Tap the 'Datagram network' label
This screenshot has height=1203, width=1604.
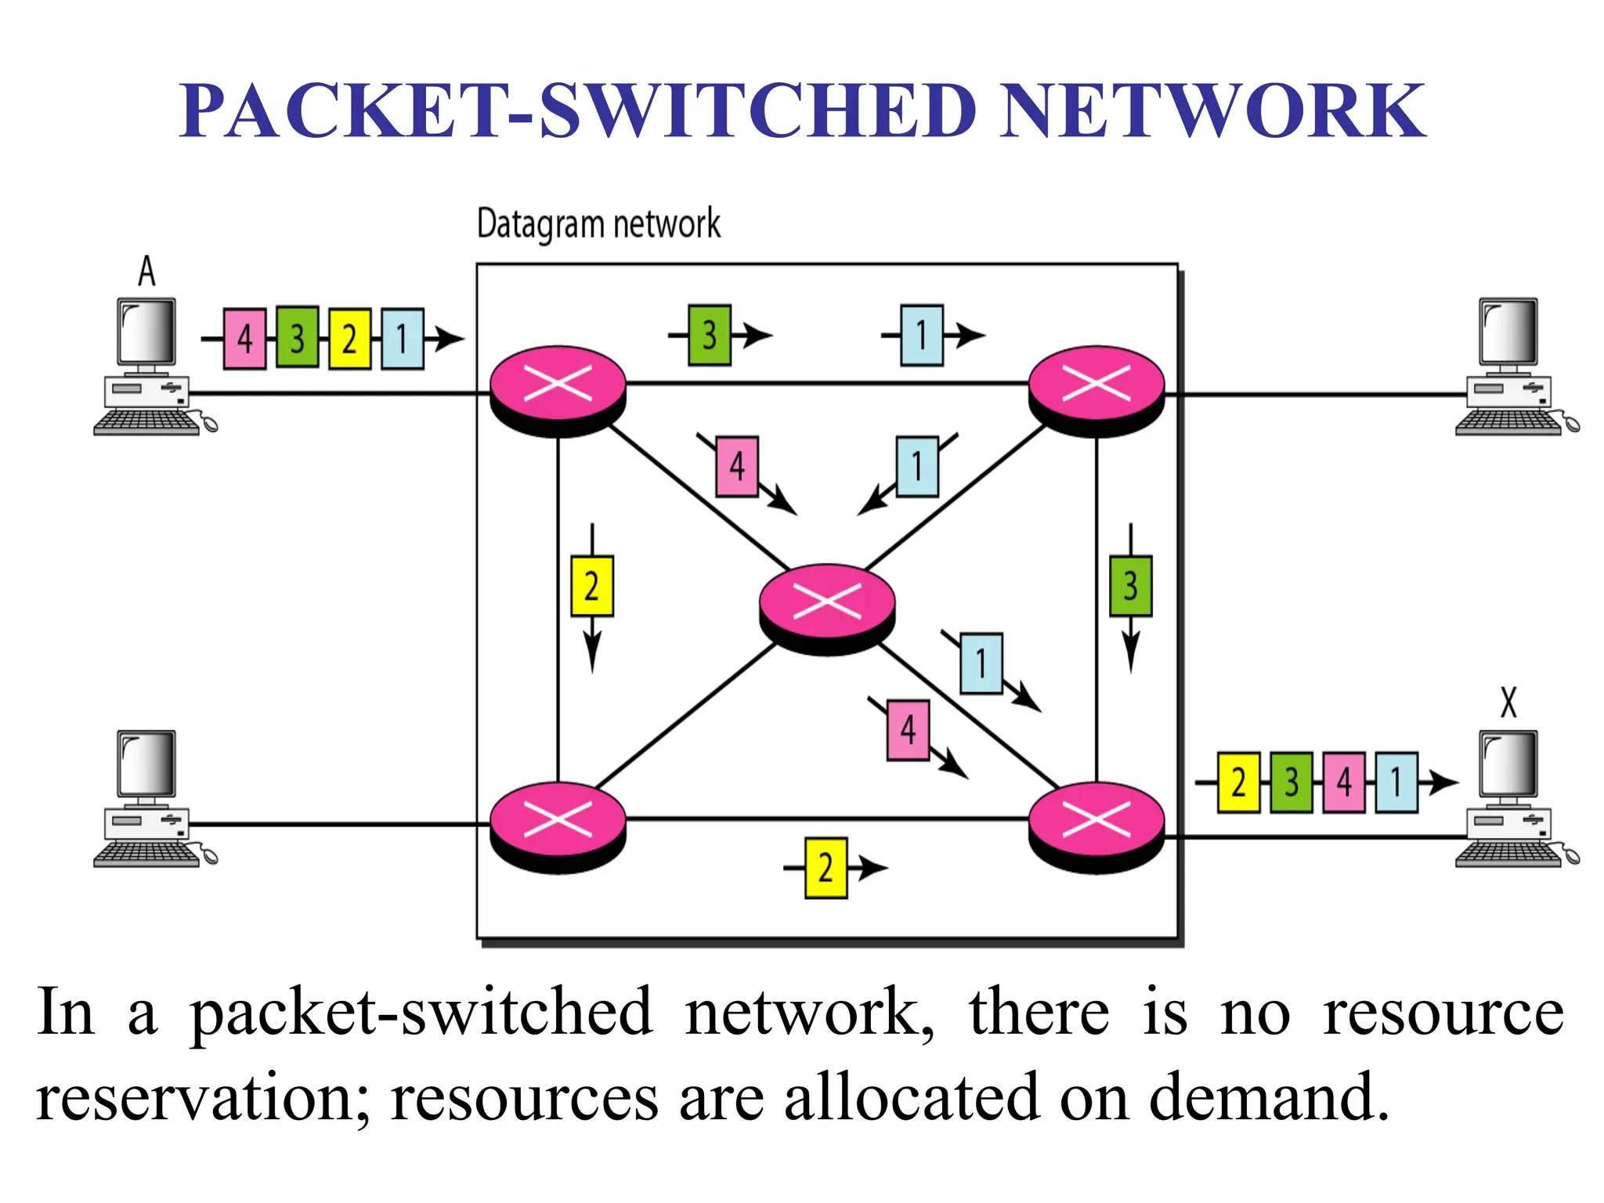598,225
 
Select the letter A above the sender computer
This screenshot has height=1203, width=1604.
146,271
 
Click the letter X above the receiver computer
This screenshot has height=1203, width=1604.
1508,702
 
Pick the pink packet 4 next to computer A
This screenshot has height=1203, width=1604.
244,338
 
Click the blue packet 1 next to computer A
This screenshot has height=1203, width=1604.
403,338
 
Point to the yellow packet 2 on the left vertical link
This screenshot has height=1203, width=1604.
591,586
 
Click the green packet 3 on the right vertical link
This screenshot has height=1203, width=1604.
1130,586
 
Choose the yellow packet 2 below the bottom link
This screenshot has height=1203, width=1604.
825,868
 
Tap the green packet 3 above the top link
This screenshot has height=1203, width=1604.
710,335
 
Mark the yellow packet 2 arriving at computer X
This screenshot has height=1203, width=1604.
1238,782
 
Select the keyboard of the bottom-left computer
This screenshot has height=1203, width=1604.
146,854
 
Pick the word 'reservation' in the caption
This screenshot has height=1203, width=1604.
193,1096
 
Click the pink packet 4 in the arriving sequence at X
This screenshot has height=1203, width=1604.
1344,782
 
